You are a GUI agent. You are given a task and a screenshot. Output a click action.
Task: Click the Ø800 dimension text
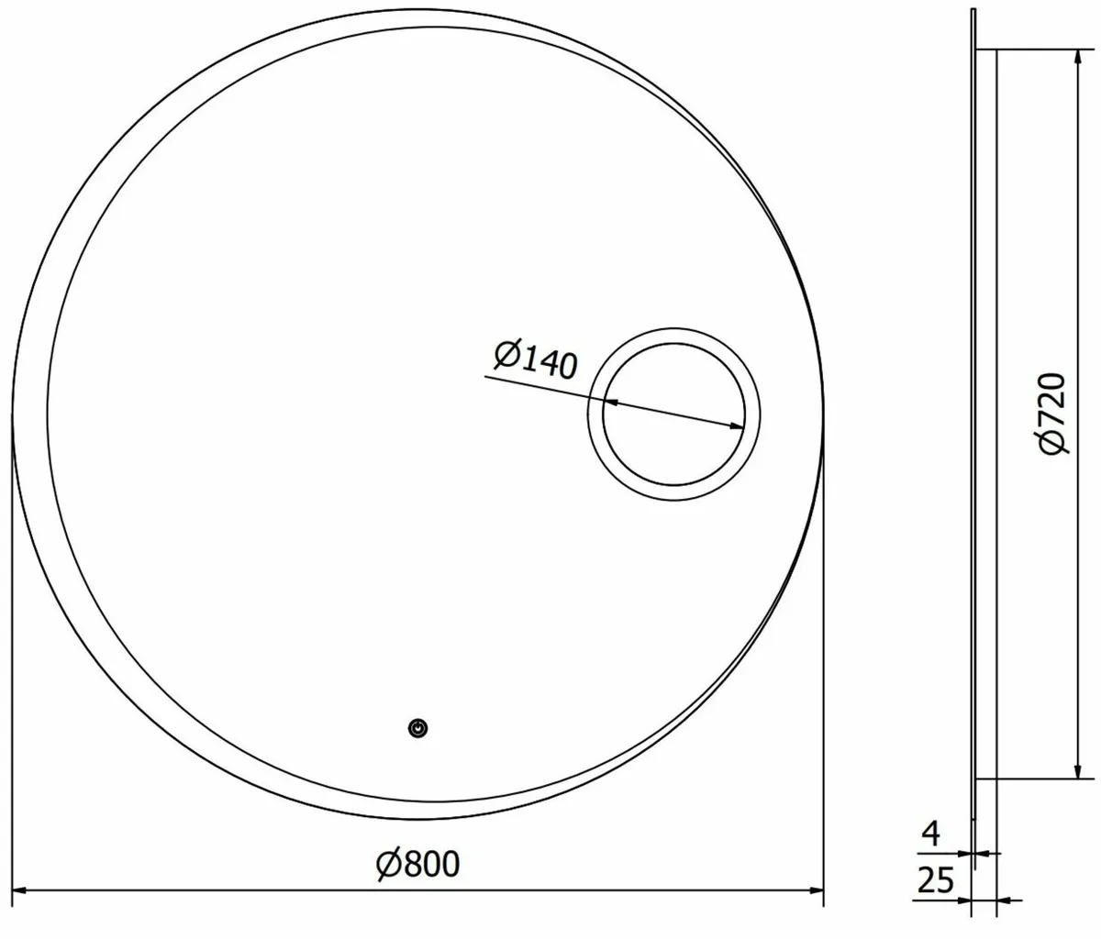click(417, 864)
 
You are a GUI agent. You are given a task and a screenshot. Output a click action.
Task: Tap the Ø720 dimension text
click(1047, 414)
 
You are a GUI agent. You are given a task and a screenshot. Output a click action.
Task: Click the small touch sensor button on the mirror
click(418, 728)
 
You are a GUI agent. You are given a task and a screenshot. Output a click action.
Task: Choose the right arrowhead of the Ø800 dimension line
click(816, 889)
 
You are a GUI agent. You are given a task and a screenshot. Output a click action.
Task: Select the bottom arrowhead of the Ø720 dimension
click(1073, 770)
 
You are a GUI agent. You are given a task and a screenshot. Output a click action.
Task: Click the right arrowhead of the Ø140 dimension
click(736, 425)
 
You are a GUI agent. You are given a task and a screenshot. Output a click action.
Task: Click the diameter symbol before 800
click(388, 864)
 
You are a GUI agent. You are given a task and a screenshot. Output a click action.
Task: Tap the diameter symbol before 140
click(506, 353)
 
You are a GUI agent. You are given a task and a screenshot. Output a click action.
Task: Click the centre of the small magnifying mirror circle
click(674, 414)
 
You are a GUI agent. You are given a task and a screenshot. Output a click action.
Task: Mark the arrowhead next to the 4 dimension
click(982, 853)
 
